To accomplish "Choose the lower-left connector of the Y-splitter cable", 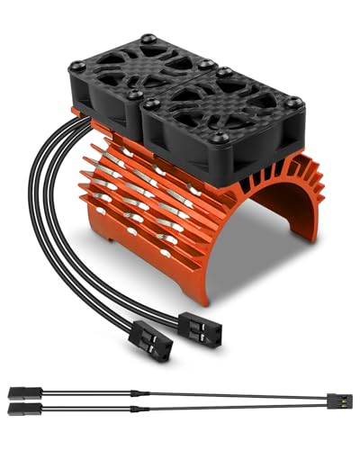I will click(20, 409).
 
